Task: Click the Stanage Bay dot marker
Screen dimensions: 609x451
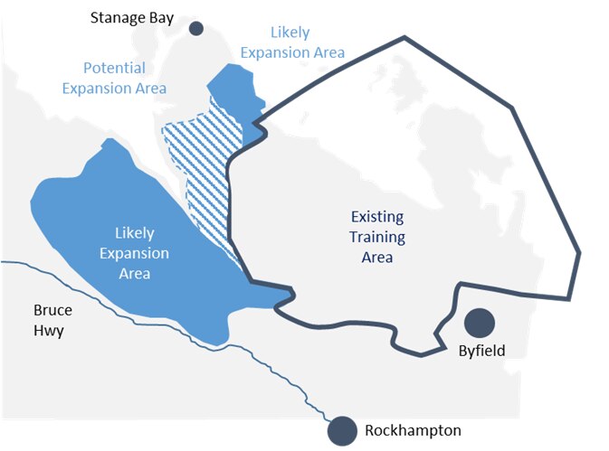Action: point(195,29)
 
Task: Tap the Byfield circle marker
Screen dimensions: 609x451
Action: point(478,323)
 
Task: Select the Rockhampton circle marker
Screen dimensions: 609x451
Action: point(342,430)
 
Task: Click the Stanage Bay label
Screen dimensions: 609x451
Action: point(132,17)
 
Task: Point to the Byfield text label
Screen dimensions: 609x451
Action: point(475,352)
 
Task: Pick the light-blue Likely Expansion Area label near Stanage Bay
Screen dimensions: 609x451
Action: point(292,42)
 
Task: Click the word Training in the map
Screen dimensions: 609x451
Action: point(378,238)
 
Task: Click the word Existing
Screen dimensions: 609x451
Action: point(378,218)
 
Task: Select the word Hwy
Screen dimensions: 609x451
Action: point(43,331)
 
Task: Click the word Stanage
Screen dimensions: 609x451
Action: point(119,17)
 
